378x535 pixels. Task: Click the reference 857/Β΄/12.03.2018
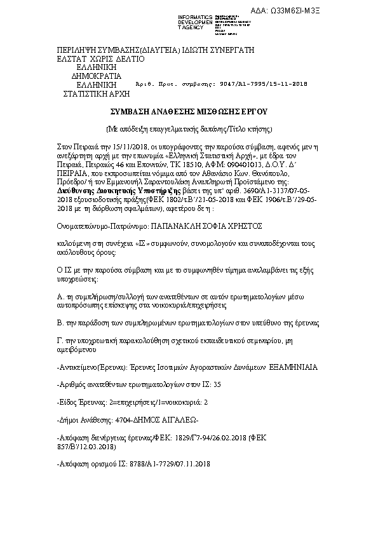(86, 447)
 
